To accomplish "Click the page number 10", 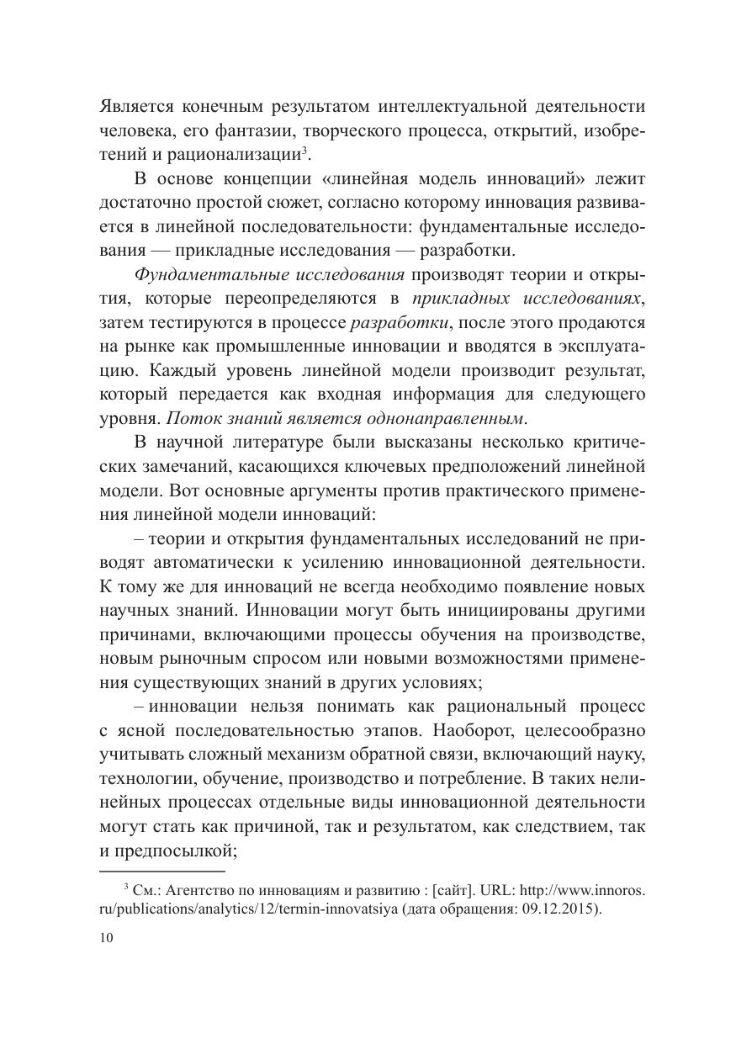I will pyautogui.click(x=107, y=939).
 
